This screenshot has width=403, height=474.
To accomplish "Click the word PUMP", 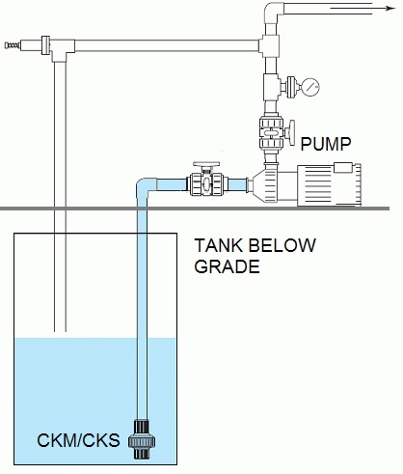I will pyautogui.click(x=323, y=146).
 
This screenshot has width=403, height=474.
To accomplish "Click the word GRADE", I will pyautogui.click(x=228, y=266).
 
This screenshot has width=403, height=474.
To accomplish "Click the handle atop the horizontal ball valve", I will pyautogui.click(x=206, y=165).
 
